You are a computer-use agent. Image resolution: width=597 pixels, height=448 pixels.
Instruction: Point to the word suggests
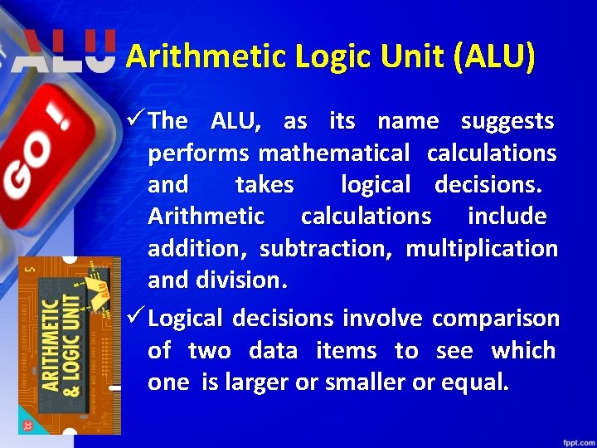[x=507, y=121]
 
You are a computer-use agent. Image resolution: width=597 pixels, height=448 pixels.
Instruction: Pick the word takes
[x=265, y=184]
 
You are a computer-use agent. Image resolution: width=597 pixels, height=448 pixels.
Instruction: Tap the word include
[x=507, y=217]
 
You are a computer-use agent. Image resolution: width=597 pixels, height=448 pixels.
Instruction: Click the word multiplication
[x=482, y=248]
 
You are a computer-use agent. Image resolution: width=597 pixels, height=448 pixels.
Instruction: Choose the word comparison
[x=496, y=319]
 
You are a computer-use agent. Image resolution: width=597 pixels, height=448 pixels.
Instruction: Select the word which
[x=523, y=351]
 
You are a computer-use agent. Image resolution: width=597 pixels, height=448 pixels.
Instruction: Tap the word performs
[x=198, y=153]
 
